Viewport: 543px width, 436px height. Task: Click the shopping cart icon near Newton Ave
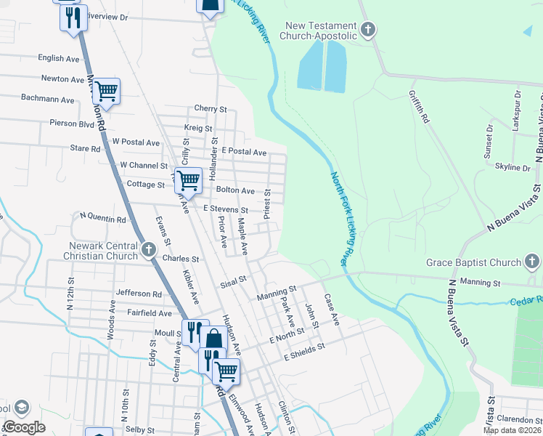click(x=106, y=91)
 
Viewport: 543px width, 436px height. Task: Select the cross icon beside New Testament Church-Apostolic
click(x=368, y=30)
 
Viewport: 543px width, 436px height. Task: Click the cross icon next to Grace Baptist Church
click(x=532, y=262)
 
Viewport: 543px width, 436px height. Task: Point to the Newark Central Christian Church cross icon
click(x=148, y=251)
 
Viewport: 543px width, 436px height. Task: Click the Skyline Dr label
click(x=512, y=167)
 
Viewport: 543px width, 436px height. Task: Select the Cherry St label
click(x=211, y=108)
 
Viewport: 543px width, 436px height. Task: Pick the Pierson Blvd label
click(x=76, y=124)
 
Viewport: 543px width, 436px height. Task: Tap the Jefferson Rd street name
click(x=139, y=294)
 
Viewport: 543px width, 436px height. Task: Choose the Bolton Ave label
click(x=235, y=190)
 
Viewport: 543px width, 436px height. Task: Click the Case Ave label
click(x=332, y=309)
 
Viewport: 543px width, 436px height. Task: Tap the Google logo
click(x=24, y=427)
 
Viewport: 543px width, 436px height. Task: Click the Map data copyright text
click(x=512, y=430)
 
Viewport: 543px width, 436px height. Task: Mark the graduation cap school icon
click(x=20, y=407)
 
